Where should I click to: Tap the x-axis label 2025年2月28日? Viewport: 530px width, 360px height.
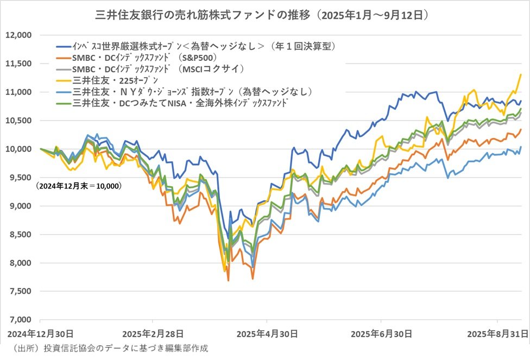click(153, 332)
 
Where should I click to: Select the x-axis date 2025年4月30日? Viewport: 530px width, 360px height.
click(266, 332)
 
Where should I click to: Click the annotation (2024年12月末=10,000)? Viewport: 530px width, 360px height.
click(79, 186)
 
